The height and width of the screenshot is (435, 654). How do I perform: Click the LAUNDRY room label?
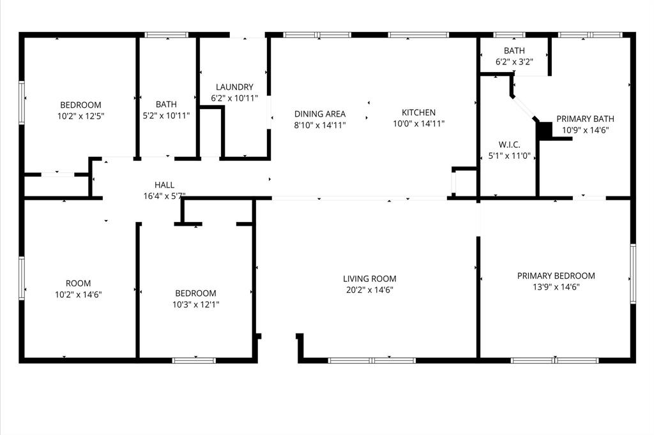click(234, 87)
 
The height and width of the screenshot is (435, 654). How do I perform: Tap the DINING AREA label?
click(320, 114)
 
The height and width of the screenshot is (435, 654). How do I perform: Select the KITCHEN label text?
click(418, 113)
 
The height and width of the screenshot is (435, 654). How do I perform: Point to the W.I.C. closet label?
click(509, 144)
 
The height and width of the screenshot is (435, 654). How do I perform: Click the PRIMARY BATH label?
click(585, 119)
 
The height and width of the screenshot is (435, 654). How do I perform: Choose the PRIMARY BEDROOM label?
click(556, 276)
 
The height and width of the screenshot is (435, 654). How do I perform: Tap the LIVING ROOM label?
click(369, 279)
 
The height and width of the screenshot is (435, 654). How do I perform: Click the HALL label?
click(164, 186)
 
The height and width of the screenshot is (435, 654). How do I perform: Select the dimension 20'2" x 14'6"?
click(369, 290)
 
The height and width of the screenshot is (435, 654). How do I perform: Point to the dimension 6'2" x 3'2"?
click(513, 61)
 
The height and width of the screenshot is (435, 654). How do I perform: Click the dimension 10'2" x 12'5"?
click(80, 116)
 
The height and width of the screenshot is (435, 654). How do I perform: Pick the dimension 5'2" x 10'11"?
click(166, 115)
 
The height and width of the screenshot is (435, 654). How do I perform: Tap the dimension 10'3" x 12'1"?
click(195, 304)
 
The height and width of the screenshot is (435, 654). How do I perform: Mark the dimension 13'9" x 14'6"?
click(556, 287)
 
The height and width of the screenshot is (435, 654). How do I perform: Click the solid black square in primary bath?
click(544, 129)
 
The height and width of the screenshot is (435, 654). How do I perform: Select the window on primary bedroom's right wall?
click(633, 272)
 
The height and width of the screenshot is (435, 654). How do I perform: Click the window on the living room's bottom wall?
click(372, 360)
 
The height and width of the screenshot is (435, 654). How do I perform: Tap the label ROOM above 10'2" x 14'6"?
click(79, 283)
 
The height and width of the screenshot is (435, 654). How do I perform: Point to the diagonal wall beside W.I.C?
click(525, 108)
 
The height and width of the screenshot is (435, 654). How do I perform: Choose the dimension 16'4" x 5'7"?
click(164, 196)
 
